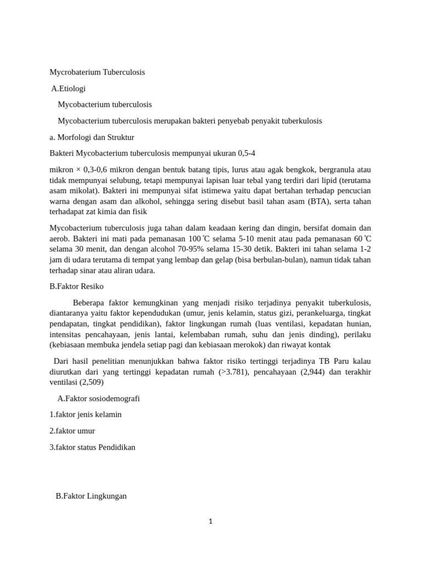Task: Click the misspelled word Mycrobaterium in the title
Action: (x=73, y=72)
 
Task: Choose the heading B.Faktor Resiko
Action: (x=76, y=286)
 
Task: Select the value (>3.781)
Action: (x=232, y=372)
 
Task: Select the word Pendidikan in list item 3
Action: (x=117, y=447)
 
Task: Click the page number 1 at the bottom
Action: (x=210, y=522)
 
